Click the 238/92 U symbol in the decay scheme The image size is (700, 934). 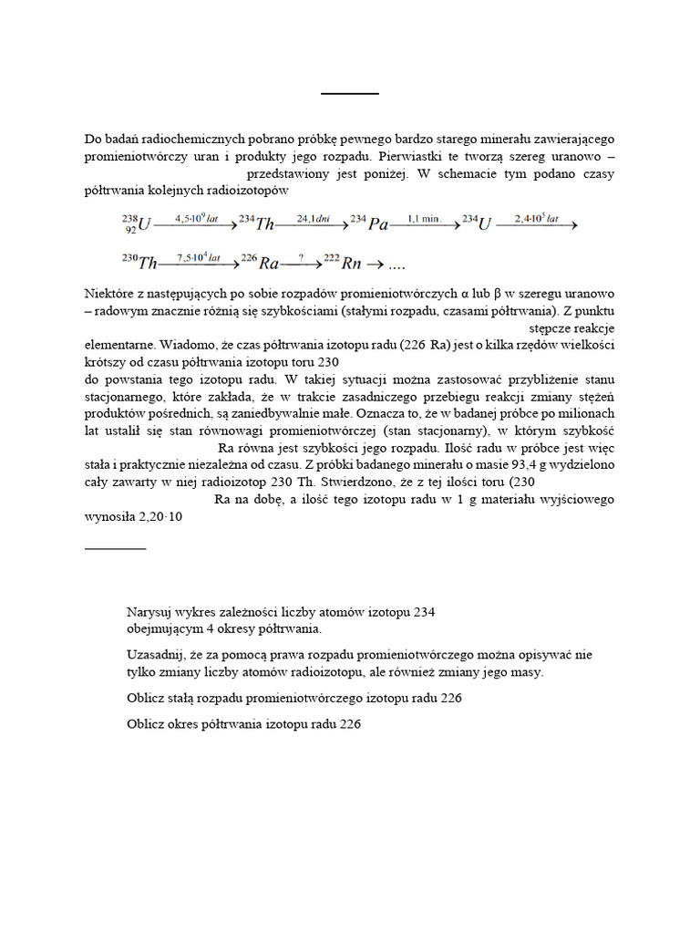pos(132,223)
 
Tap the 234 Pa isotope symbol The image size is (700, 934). pos(369,223)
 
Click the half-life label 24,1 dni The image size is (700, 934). pos(311,217)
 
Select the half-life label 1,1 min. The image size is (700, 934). pos(425,217)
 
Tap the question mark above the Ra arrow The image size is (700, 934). pos(300,257)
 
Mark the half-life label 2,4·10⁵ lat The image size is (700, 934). pos(536,217)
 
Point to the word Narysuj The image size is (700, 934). pos(151,612)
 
